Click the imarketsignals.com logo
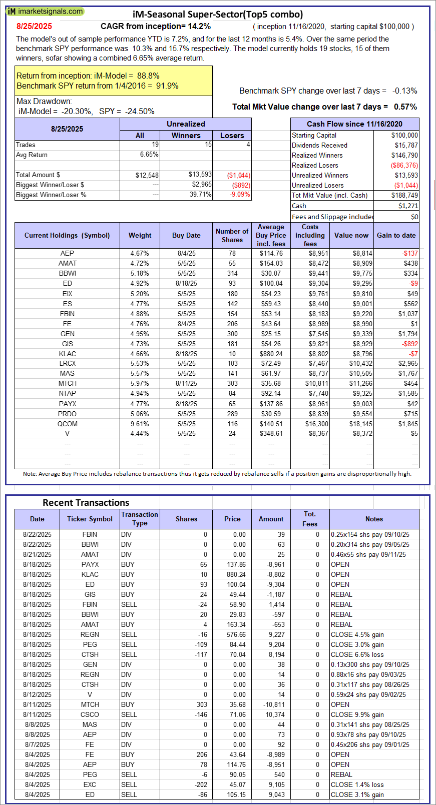tap(45, 11)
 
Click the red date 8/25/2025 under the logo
tap(34, 27)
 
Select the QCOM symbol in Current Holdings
tap(67, 424)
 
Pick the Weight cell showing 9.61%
tap(140, 424)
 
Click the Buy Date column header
tap(186, 236)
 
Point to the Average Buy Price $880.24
tap(271, 354)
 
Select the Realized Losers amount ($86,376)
tap(404, 166)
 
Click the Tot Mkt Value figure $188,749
tap(404, 196)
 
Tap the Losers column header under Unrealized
tap(232, 136)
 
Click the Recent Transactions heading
tap(86, 503)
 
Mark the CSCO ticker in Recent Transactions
tap(90, 714)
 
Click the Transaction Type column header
tap(140, 519)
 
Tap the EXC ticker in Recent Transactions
tap(90, 784)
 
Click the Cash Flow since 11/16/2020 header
tap(354, 124)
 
